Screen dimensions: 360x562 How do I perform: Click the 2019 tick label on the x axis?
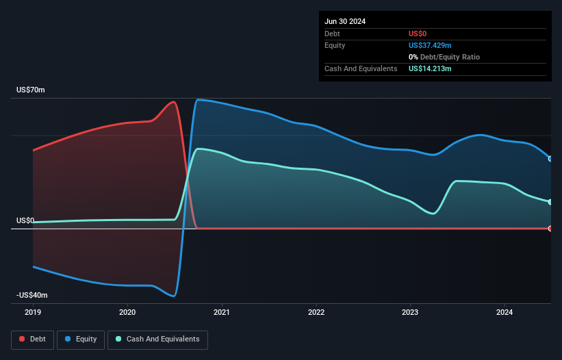33,313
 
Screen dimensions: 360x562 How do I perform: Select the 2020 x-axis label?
127,313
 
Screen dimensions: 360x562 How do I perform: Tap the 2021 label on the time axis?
222,313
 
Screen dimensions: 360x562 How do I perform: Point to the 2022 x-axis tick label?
316,313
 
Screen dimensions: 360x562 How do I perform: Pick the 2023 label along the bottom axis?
410,313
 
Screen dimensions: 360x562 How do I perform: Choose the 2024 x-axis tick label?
504,313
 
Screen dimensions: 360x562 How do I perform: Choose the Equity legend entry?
81,339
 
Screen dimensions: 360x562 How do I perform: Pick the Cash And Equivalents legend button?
157,339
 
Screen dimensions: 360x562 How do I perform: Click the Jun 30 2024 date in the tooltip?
345,21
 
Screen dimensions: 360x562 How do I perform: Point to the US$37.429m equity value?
430,45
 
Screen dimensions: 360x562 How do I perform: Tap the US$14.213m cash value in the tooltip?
430,68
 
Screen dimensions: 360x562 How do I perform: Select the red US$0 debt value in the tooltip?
418,34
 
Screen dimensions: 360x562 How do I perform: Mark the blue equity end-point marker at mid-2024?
550,159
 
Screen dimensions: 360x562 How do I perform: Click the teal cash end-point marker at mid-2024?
550,202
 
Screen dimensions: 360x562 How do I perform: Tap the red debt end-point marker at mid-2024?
550,229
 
